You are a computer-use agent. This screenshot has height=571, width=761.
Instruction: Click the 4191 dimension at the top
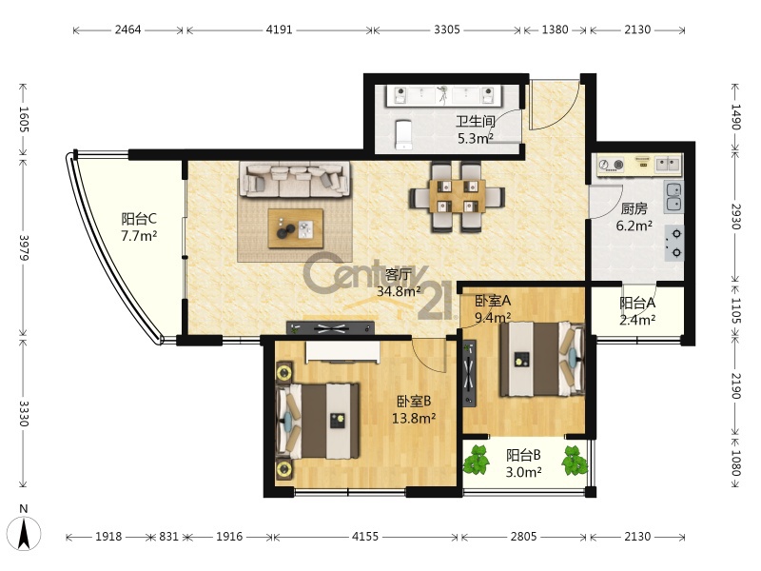click(x=279, y=30)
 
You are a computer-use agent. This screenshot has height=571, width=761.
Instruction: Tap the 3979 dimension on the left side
click(x=24, y=247)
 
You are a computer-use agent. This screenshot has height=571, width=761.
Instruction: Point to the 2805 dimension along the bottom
click(x=523, y=537)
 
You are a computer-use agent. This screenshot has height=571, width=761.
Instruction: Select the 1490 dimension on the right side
click(x=735, y=117)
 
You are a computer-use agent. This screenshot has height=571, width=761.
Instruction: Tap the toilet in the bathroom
click(x=403, y=134)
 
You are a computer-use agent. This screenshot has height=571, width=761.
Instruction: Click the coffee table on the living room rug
click(x=296, y=228)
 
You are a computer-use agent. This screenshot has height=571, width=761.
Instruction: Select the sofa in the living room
click(x=295, y=179)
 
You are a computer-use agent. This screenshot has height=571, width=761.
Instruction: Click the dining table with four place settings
click(x=458, y=196)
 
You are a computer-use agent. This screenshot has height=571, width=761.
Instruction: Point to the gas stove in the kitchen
click(x=674, y=243)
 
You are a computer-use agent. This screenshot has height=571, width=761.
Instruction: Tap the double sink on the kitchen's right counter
click(x=673, y=197)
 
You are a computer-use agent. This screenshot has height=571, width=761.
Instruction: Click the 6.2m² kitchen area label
click(x=634, y=226)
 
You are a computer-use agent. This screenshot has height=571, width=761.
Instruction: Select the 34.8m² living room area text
click(x=399, y=291)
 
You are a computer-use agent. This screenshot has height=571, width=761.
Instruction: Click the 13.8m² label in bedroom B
click(x=414, y=418)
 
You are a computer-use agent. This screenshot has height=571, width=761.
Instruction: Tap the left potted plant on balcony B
click(x=477, y=461)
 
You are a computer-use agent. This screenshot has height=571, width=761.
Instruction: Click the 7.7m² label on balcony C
click(x=139, y=236)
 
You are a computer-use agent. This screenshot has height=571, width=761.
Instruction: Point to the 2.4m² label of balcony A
click(x=637, y=320)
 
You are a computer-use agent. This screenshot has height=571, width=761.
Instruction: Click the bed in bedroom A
click(x=542, y=360)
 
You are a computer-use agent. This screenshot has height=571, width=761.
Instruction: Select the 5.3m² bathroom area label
click(x=475, y=138)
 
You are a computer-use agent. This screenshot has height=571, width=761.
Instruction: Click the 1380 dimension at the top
click(x=555, y=30)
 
